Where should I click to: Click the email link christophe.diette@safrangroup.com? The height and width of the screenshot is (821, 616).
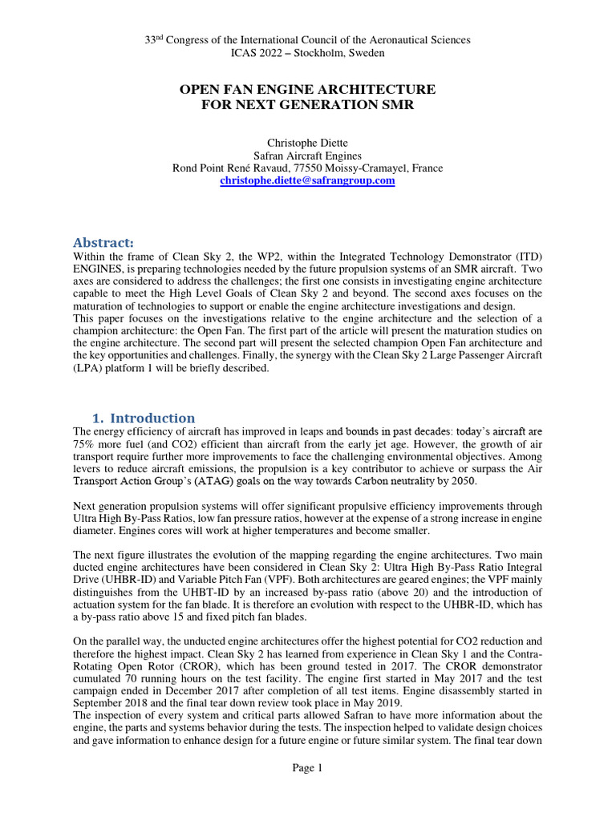308,181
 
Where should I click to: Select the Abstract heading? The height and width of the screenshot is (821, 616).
103,242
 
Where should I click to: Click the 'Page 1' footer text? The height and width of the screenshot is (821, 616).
307,768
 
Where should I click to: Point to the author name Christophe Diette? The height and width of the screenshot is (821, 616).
308,143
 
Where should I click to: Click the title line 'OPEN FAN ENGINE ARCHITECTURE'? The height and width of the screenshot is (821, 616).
308,88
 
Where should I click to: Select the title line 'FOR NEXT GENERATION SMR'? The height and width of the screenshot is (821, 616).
308,104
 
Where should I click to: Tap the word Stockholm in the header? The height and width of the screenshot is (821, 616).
318,53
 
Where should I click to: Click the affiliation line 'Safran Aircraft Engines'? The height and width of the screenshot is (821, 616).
308,156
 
